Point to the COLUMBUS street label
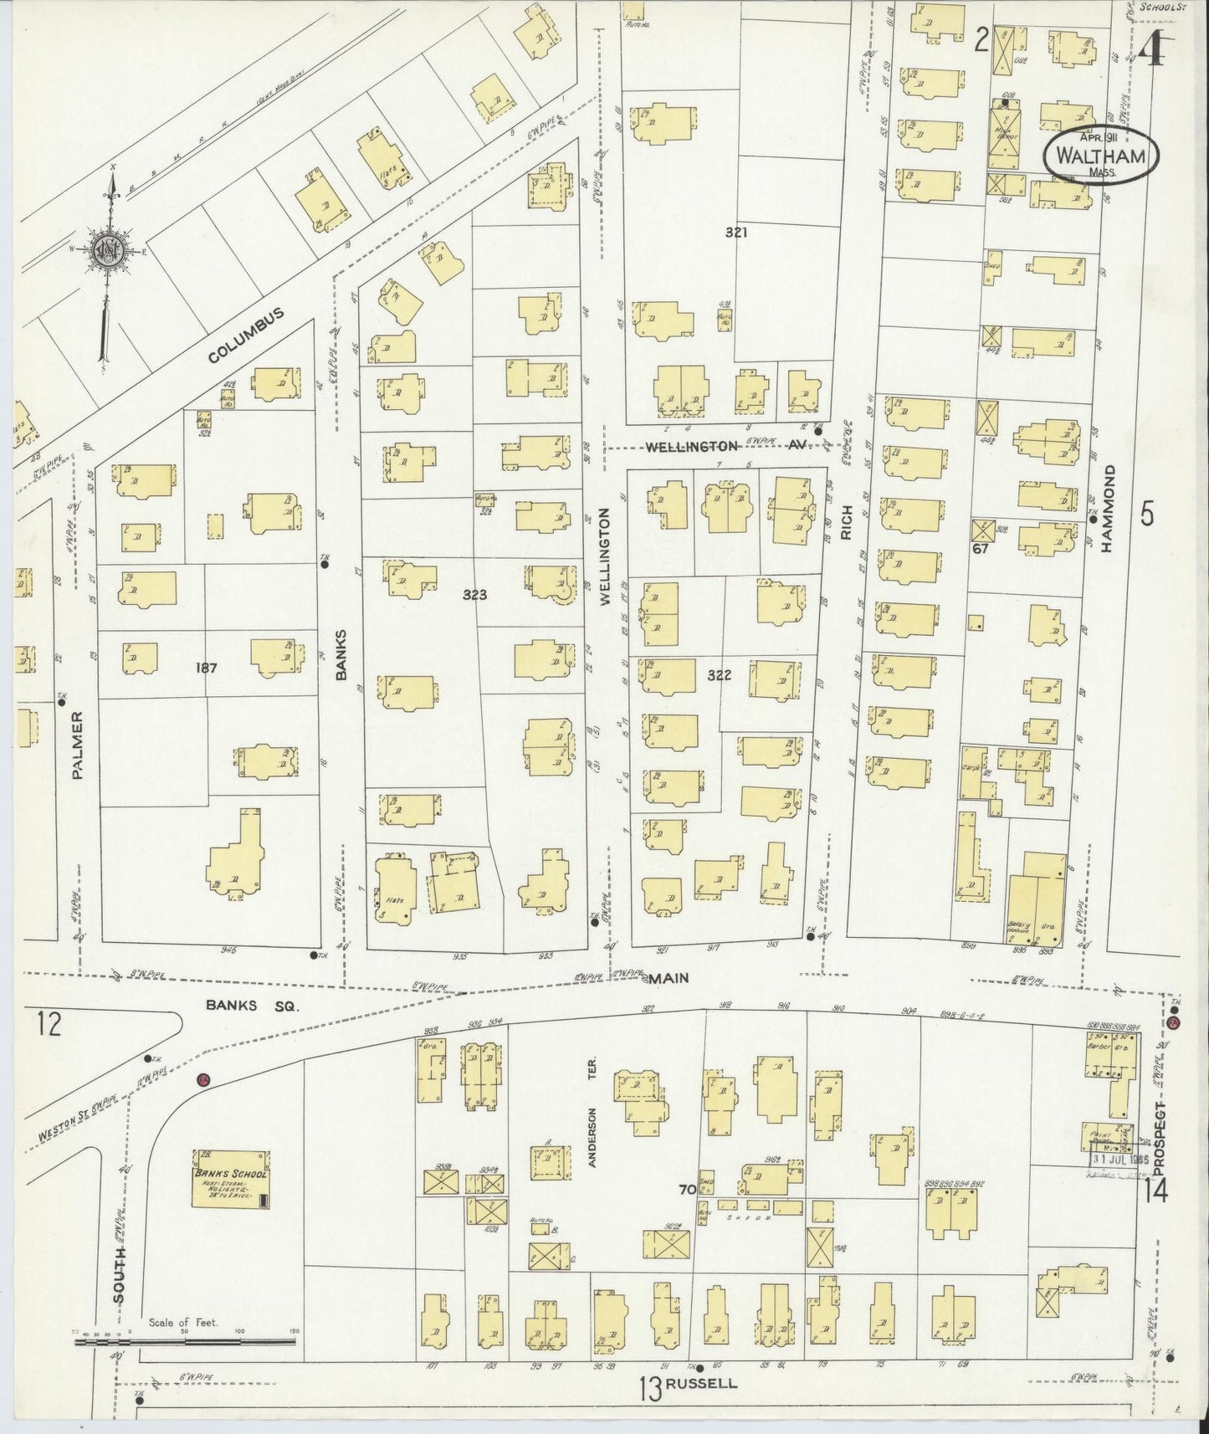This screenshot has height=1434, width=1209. (x=246, y=335)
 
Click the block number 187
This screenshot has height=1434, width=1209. (x=207, y=668)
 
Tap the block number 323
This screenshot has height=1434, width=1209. (x=474, y=595)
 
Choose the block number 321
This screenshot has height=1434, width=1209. (x=736, y=233)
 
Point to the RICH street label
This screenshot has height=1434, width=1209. (x=846, y=521)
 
